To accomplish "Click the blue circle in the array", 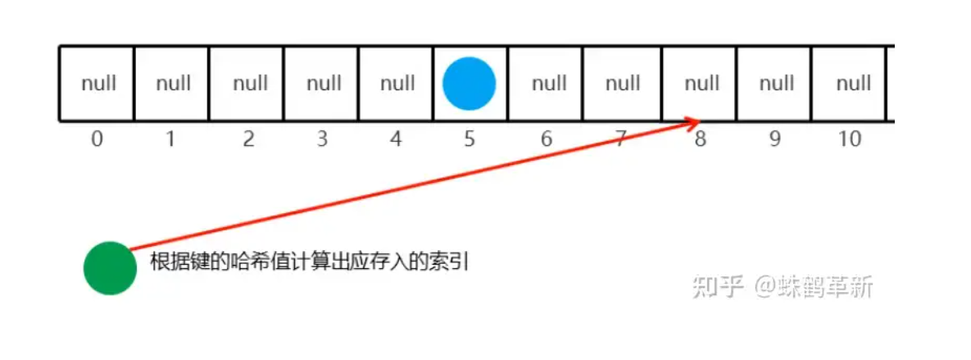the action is (x=469, y=84).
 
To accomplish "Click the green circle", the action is (x=110, y=268).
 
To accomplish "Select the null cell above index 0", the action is (x=98, y=84).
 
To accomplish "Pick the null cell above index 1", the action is (x=172, y=84).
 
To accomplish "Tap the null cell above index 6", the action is (x=548, y=84).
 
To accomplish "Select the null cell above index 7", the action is (x=623, y=84).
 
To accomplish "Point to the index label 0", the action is (x=97, y=139).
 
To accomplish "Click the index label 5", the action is (x=469, y=139).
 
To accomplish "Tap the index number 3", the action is (x=321, y=139).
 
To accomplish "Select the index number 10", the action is (x=850, y=139).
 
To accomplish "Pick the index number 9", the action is (x=774, y=139).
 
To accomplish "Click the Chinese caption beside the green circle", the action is (x=309, y=262).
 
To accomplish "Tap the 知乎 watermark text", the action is (x=717, y=286).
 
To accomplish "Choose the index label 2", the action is (x=247, y=139).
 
